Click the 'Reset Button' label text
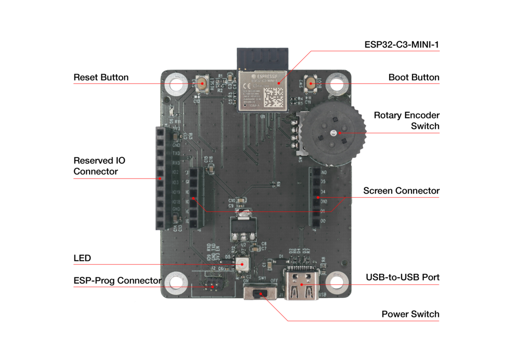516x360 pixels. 101,78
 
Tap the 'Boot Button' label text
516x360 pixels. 414,78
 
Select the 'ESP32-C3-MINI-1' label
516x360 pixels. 401,45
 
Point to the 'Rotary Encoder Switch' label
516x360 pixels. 407,121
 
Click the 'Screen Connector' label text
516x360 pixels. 401,191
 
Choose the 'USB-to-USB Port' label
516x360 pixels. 402,277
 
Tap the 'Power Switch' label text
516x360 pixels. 410,314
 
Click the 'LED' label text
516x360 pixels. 82,258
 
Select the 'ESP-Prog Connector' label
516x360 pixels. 117,280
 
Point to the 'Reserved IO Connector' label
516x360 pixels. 99,166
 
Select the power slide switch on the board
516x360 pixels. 261,293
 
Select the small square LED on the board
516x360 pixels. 242,264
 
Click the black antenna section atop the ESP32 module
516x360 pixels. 262,58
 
